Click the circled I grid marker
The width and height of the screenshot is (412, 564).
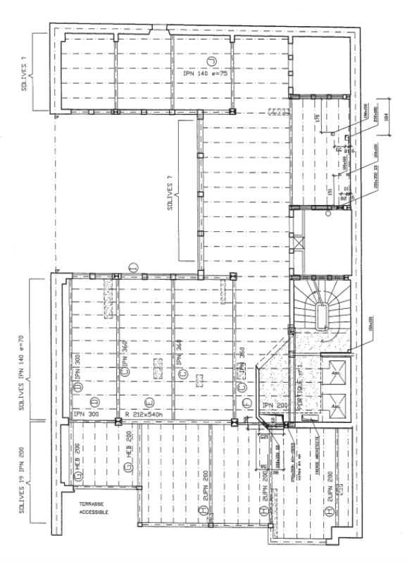[x=132, y=265]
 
